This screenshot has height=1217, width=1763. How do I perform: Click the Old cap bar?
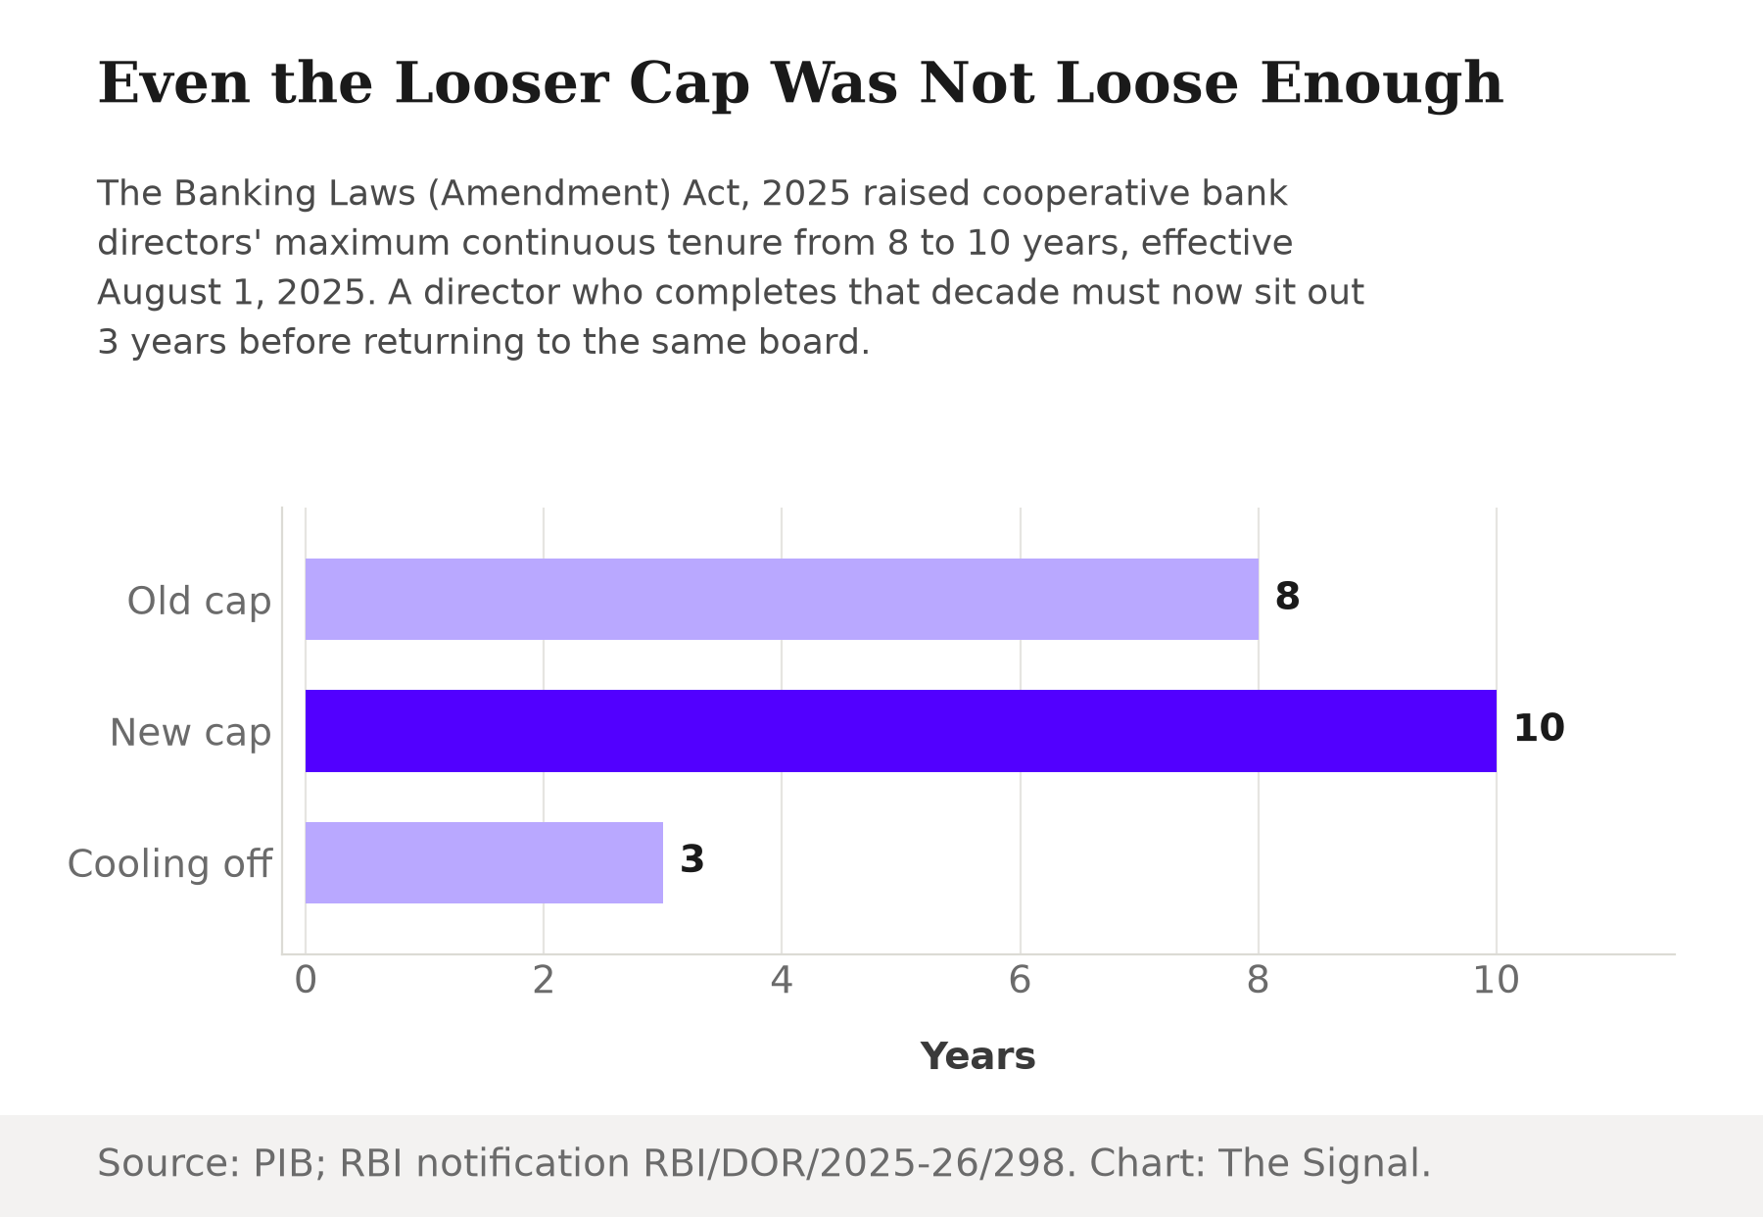pyautogui.click(x=782, y=599)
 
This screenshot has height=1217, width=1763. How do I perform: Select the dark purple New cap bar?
pyautogui.click(x=901, y=731)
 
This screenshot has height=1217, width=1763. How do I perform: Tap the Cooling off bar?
pyautogui.click(x=484, y=862)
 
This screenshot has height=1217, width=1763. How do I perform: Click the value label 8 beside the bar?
pyautogui.click(x=1287, y=597)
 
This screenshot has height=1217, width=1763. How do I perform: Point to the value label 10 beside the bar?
pyautogui.click(x=1539, y=728)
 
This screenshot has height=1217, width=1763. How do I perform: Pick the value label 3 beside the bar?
pyautogui.click(x=691, y=859)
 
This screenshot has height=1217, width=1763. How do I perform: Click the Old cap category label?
pyautogui.click(x=199, y=602)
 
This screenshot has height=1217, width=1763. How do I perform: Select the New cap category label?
pyautogui.click(x=190, y=733)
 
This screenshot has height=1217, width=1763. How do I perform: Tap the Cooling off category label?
pyautogui.click(x=169, y=864)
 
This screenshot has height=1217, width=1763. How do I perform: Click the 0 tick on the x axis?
pyautogui.click(x=306, y=980)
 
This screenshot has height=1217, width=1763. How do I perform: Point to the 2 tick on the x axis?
pyautogui.click(x=544, y=980)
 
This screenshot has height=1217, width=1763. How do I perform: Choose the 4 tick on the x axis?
pyautogui.click(x=782, y=980)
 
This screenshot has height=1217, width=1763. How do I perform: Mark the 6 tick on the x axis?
pyautogui.click(x=1021, y=980)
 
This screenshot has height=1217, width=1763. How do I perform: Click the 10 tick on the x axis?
pyautogui.click(x=1497, y=980)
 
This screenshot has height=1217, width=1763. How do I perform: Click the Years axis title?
pyautogui.click(x=977, y=1056)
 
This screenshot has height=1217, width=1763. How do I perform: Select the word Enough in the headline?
pyautogui.click(x=1381, y=85)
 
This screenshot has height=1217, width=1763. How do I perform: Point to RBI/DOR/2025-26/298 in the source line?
pyautogui.click(x=853, y=1163)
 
